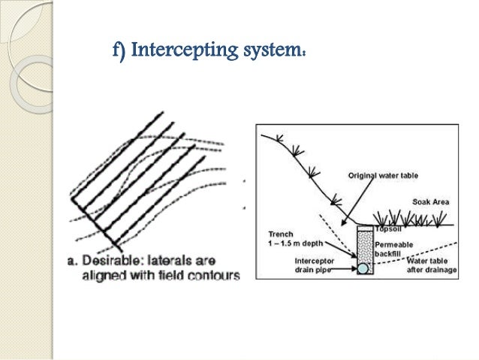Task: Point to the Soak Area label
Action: (431, 203)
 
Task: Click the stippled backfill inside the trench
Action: (363, 244)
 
